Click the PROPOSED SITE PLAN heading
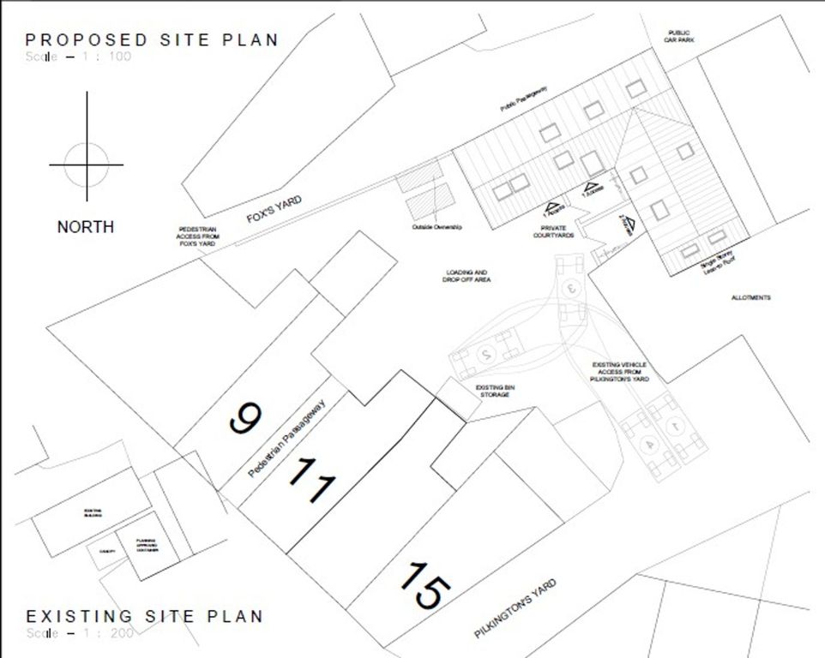[x=152, y=40]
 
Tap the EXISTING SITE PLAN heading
[x=144, y=616]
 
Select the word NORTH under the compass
[x=86, y=227]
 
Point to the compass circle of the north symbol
[x=86, y=164]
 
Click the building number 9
[x=244, y=419]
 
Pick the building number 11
[x=310, y=482]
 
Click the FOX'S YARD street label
[x=274, y=209]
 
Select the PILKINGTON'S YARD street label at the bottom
[x=515, y=609]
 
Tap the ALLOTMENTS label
[x=750, y=297]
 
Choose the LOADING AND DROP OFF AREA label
[x=466, y=276]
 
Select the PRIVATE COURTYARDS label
[x=552, y=231]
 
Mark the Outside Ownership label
[x=437, y=227]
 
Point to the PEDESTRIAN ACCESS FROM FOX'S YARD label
[x=196, y=236]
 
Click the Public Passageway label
[x=525, y=100]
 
